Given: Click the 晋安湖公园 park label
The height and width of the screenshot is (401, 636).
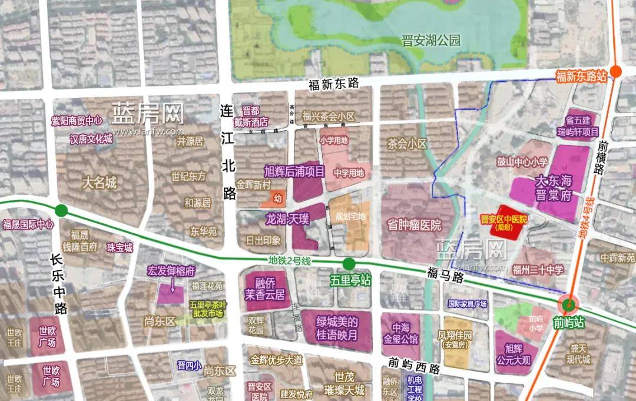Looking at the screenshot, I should [x=430, y=41].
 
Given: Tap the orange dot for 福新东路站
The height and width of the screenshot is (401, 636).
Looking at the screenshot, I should [x=616, y=71].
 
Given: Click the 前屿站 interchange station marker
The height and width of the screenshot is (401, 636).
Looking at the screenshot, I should [x=568, y=304].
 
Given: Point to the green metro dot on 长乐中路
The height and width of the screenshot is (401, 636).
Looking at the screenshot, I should [x=61, y=210].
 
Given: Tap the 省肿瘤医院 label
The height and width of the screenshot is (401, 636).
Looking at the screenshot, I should [x=414, y=225].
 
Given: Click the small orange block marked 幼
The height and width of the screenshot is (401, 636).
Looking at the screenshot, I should [x=277, y=200].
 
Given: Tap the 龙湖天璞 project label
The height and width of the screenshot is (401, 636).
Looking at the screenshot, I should [x=287, y=220].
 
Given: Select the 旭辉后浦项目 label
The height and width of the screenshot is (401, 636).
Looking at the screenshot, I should [x=294, y=171].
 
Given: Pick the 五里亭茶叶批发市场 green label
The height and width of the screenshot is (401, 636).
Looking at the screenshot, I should [x=206, y=309].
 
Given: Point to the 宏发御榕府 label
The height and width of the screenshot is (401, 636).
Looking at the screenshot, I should [x=171, y=271].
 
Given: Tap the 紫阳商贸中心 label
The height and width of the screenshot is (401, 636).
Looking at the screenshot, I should [x=77, y=121].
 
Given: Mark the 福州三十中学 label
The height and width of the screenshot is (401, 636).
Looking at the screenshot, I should [x=538, y=270].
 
